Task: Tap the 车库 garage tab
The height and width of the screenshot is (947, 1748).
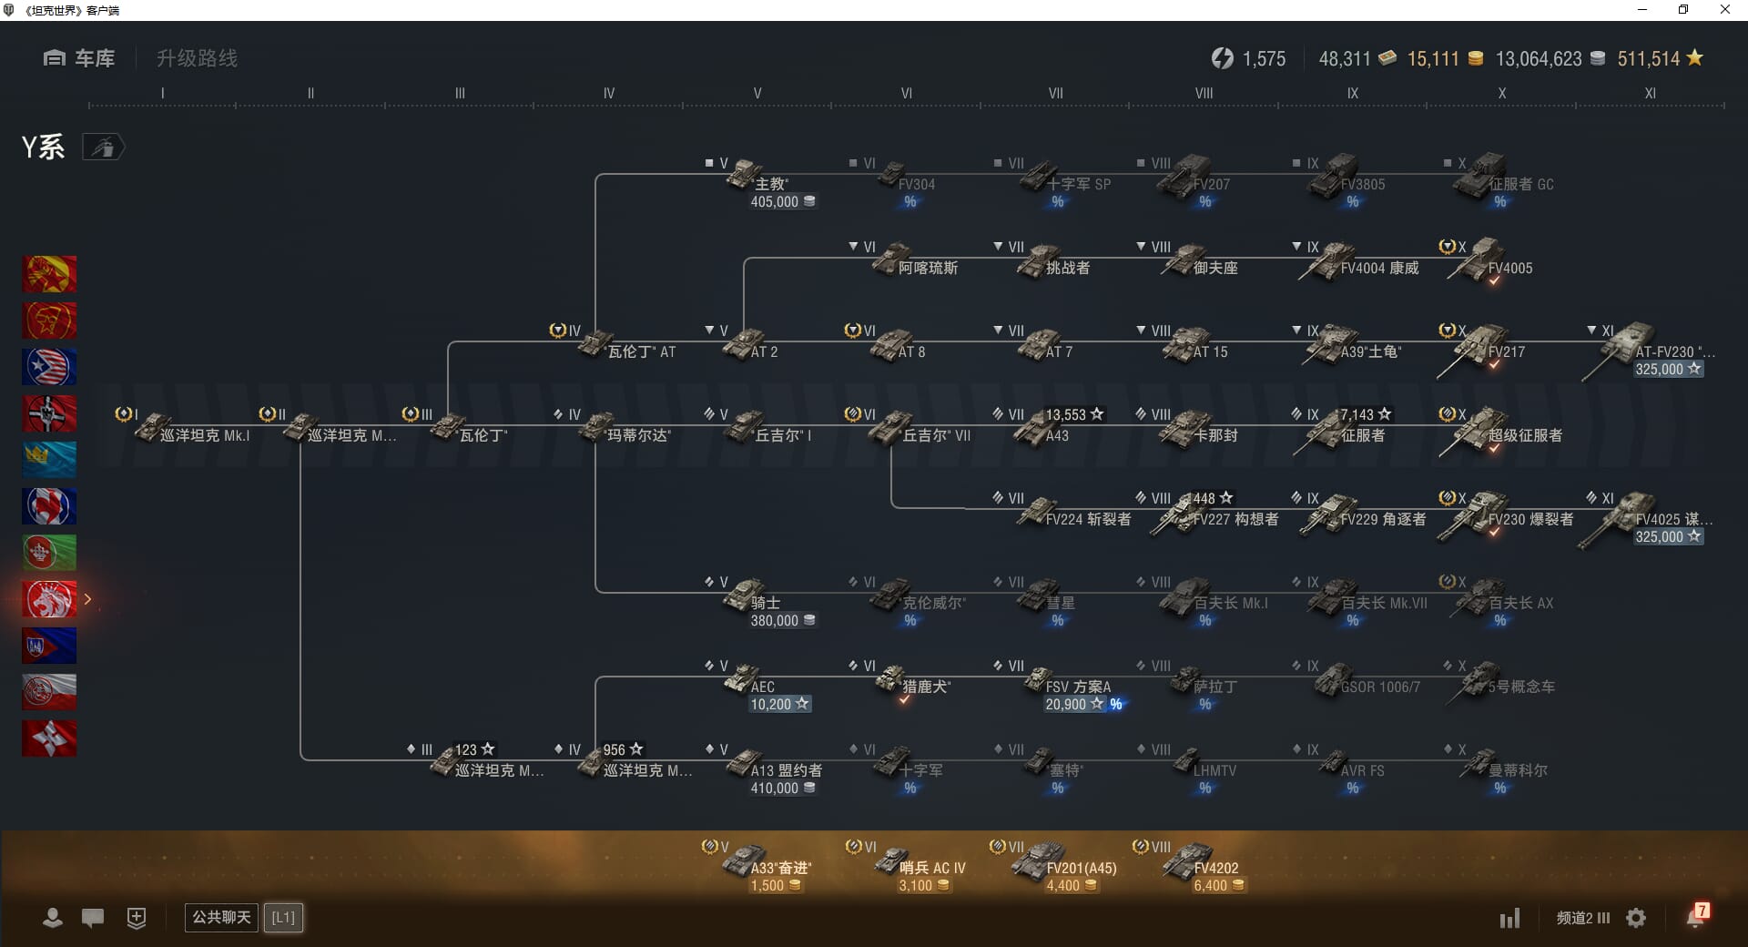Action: [x=79, y=58]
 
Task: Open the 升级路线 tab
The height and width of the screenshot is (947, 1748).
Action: [x=197, y=58]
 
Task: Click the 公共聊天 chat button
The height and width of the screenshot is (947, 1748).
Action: [x=221, y=917]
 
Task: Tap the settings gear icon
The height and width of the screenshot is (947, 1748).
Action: [x=1636, y=918]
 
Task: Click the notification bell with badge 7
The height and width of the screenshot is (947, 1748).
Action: [x=1696, y=916]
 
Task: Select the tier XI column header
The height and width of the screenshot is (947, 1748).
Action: [x=1650, y=93]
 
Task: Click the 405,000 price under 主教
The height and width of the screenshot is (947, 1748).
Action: [x=775, y=202]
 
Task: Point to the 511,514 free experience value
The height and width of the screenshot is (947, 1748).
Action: [x=1648, y=59]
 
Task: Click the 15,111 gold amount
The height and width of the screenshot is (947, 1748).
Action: [x=1433, y=59]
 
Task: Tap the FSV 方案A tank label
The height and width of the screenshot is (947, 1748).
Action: [x=1078, y=687]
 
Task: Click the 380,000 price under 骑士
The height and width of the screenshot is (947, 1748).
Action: [x=775, y=621]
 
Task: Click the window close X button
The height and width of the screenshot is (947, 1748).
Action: [x=1724, y=10]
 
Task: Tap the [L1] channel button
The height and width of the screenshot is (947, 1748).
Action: [x=283, y=917]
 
